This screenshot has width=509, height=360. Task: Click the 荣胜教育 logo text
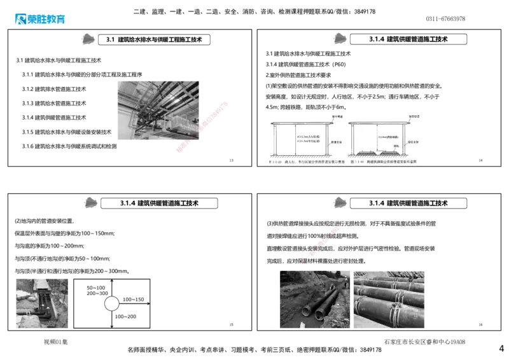[x=47, y=19]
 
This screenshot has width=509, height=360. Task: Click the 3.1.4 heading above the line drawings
[x=408, y=39]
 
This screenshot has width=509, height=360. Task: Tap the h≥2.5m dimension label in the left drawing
[x=307, y=136]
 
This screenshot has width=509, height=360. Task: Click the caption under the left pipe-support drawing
[x=305, y=163]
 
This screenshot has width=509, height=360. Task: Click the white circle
[x=111, y=303]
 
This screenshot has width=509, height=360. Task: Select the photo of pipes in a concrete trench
[x=43, y=301]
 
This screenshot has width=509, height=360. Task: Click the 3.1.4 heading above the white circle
[x=159, y=204]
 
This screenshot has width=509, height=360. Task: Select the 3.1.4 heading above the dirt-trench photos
[x=408, y=204]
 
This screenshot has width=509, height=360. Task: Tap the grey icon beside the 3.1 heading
[x=90, y=39]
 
